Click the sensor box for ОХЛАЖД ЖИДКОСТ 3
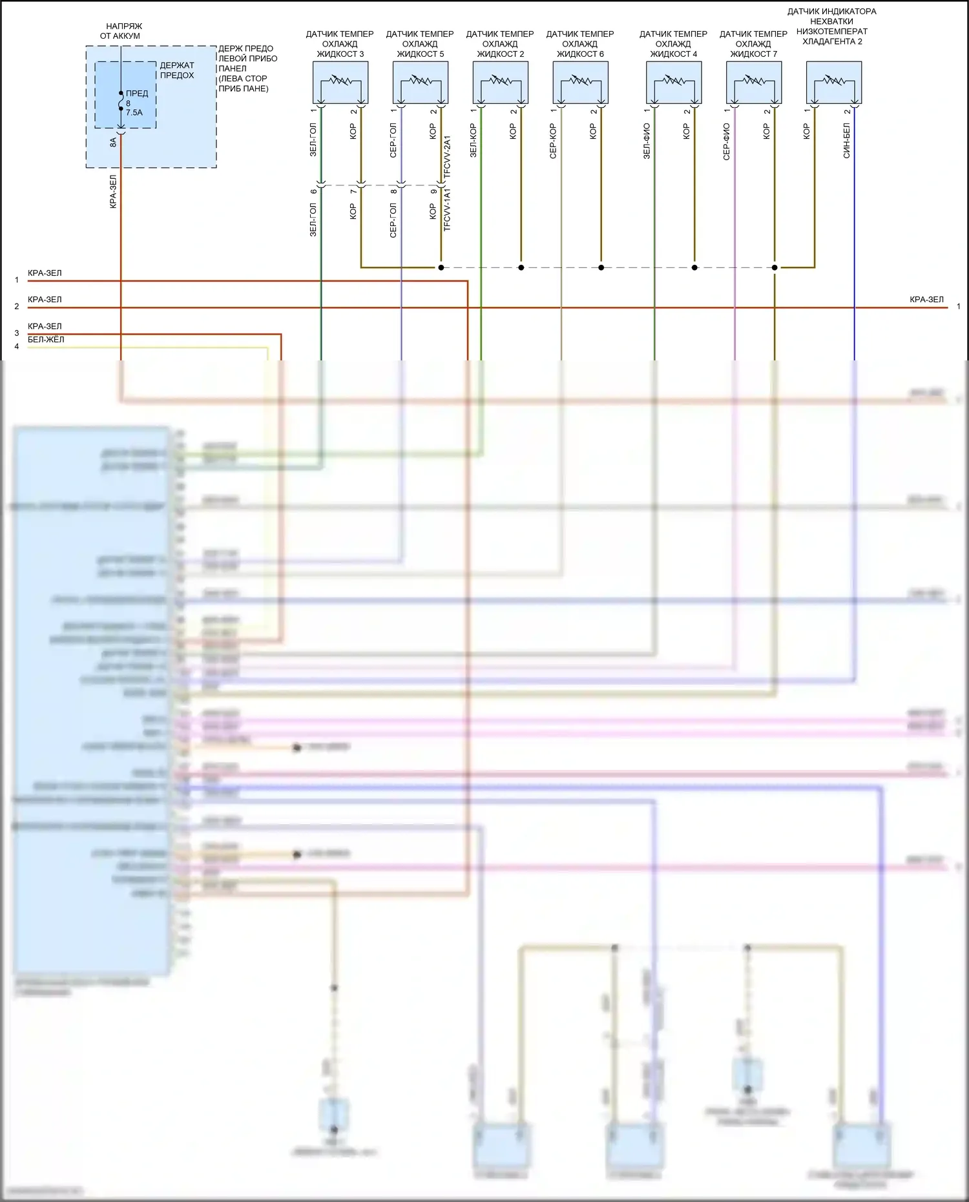pos(340,82)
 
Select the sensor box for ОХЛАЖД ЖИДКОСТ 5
pos(421,82)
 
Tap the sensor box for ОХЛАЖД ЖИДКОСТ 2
pos(501,82)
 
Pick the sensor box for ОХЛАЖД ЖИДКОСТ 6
pos(581,82)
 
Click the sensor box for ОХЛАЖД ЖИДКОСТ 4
pos(674,82)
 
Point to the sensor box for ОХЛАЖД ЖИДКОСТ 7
pos(754,82)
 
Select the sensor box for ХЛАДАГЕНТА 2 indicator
pos(834,82)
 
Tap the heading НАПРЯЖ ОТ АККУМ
pos(121,31)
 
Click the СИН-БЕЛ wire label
pos(846,141)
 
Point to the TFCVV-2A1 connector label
pos(447,157)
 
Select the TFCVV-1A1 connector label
pos(447,211)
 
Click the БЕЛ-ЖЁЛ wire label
pos(46,340)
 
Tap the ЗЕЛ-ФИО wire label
pos(647,141)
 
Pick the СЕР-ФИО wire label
pos(727,141)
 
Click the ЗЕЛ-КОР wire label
pos(474,141)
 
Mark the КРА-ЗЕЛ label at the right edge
pos(926,300)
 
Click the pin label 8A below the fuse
pos(113,142)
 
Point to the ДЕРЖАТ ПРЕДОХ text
pos(177,70)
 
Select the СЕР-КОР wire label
pos(553,141)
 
